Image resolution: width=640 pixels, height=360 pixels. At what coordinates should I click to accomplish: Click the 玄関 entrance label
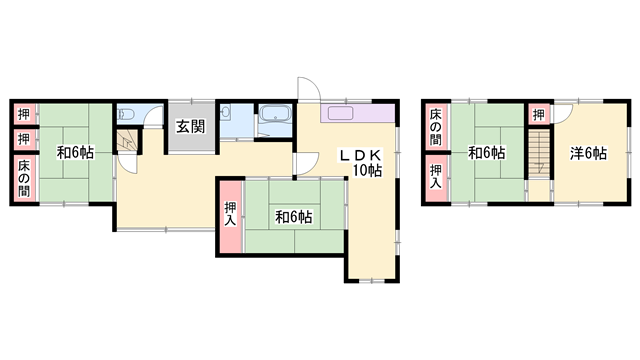[x=191, y=127]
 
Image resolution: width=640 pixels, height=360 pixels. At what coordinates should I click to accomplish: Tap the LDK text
[x=361, y=156]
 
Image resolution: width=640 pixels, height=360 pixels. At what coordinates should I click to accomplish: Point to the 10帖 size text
[x=367, y=170]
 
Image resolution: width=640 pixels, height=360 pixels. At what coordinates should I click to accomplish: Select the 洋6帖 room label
[x=588, y=153]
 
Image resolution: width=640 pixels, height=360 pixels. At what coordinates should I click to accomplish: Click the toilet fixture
[x=125, y=114]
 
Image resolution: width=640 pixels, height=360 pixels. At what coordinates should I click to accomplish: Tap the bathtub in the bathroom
[x=275, y=114]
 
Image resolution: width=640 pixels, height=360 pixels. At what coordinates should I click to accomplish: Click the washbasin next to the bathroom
[x=226, y=112]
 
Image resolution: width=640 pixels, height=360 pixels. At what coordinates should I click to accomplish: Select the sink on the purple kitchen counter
[x=340, y=113]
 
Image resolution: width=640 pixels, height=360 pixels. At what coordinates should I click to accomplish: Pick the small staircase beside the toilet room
[x=128, y=141]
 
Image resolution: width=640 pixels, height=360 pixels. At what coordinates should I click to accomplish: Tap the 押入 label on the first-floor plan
[x=231, y=214]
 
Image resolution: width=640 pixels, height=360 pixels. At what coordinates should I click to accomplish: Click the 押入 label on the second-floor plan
[x=436, y=176]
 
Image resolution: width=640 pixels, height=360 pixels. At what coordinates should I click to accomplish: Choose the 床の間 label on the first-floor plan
[x=24, y=178]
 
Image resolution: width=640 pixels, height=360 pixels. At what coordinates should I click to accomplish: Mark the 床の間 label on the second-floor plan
[x=436, y=127]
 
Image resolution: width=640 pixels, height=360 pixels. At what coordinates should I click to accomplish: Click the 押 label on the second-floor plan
[x=539, y=115]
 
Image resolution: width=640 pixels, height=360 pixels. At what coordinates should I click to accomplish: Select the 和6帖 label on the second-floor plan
[x=487, y=153]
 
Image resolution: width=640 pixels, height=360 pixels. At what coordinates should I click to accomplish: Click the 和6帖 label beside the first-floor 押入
[x=294, y=217]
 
